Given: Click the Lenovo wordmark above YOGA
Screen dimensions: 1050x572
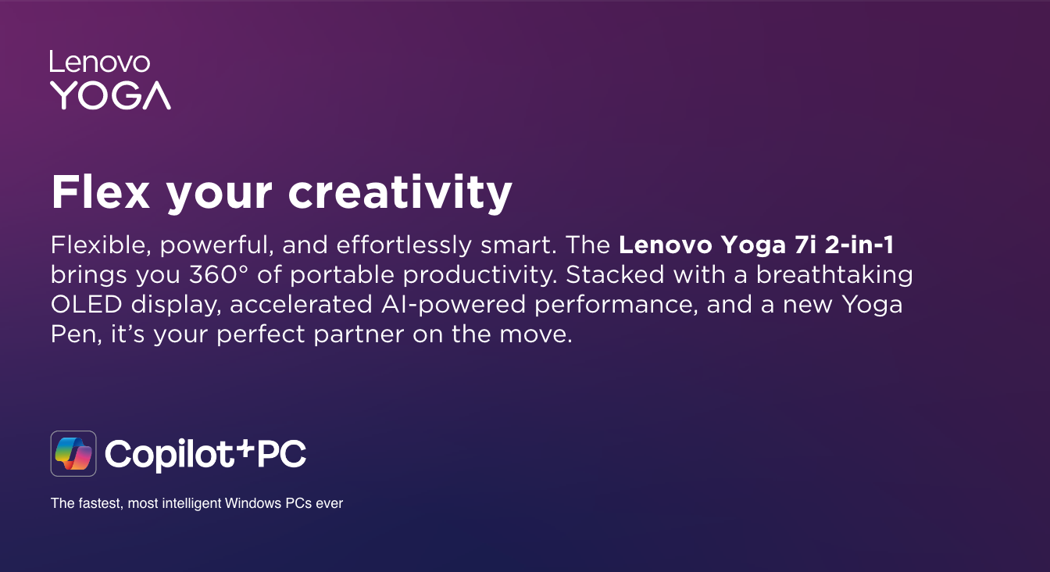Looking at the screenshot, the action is click(x=100, y=62).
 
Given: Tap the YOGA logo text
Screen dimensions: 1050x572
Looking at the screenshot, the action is click(x=111, y=95).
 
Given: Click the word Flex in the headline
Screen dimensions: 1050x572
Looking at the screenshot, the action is click(x=100, y=191).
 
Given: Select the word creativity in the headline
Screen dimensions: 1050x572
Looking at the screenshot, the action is click(x=400, y=193).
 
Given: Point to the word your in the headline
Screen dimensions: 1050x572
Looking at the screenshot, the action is click(x=219, y=198).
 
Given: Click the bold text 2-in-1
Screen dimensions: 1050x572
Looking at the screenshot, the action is click(x=859, y=245).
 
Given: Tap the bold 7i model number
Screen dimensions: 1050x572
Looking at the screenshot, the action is click(x=805, y=245).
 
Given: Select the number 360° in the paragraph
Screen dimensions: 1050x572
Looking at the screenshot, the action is click(x=219, y=275).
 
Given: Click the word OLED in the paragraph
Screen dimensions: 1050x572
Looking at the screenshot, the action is click(x=86, y=304).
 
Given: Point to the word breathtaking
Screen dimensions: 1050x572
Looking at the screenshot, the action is click(x=834, y=276).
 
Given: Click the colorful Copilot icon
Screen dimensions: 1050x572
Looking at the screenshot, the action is click(x=73, y=454).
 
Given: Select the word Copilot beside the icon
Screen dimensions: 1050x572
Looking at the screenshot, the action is click(x=170, y=454).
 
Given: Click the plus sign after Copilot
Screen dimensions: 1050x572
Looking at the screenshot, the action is click(x=245, y=448).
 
